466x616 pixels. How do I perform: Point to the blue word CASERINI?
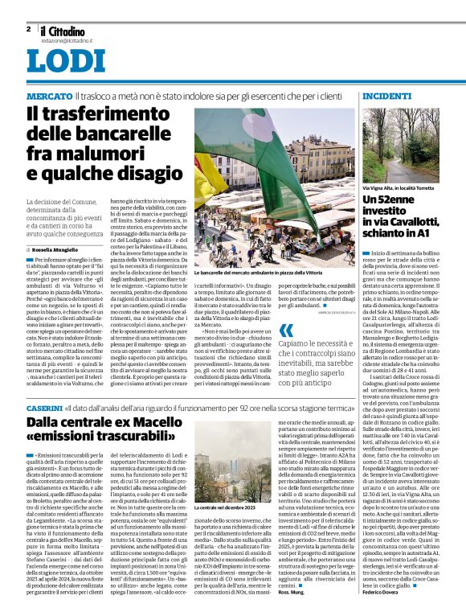[44, 409]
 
